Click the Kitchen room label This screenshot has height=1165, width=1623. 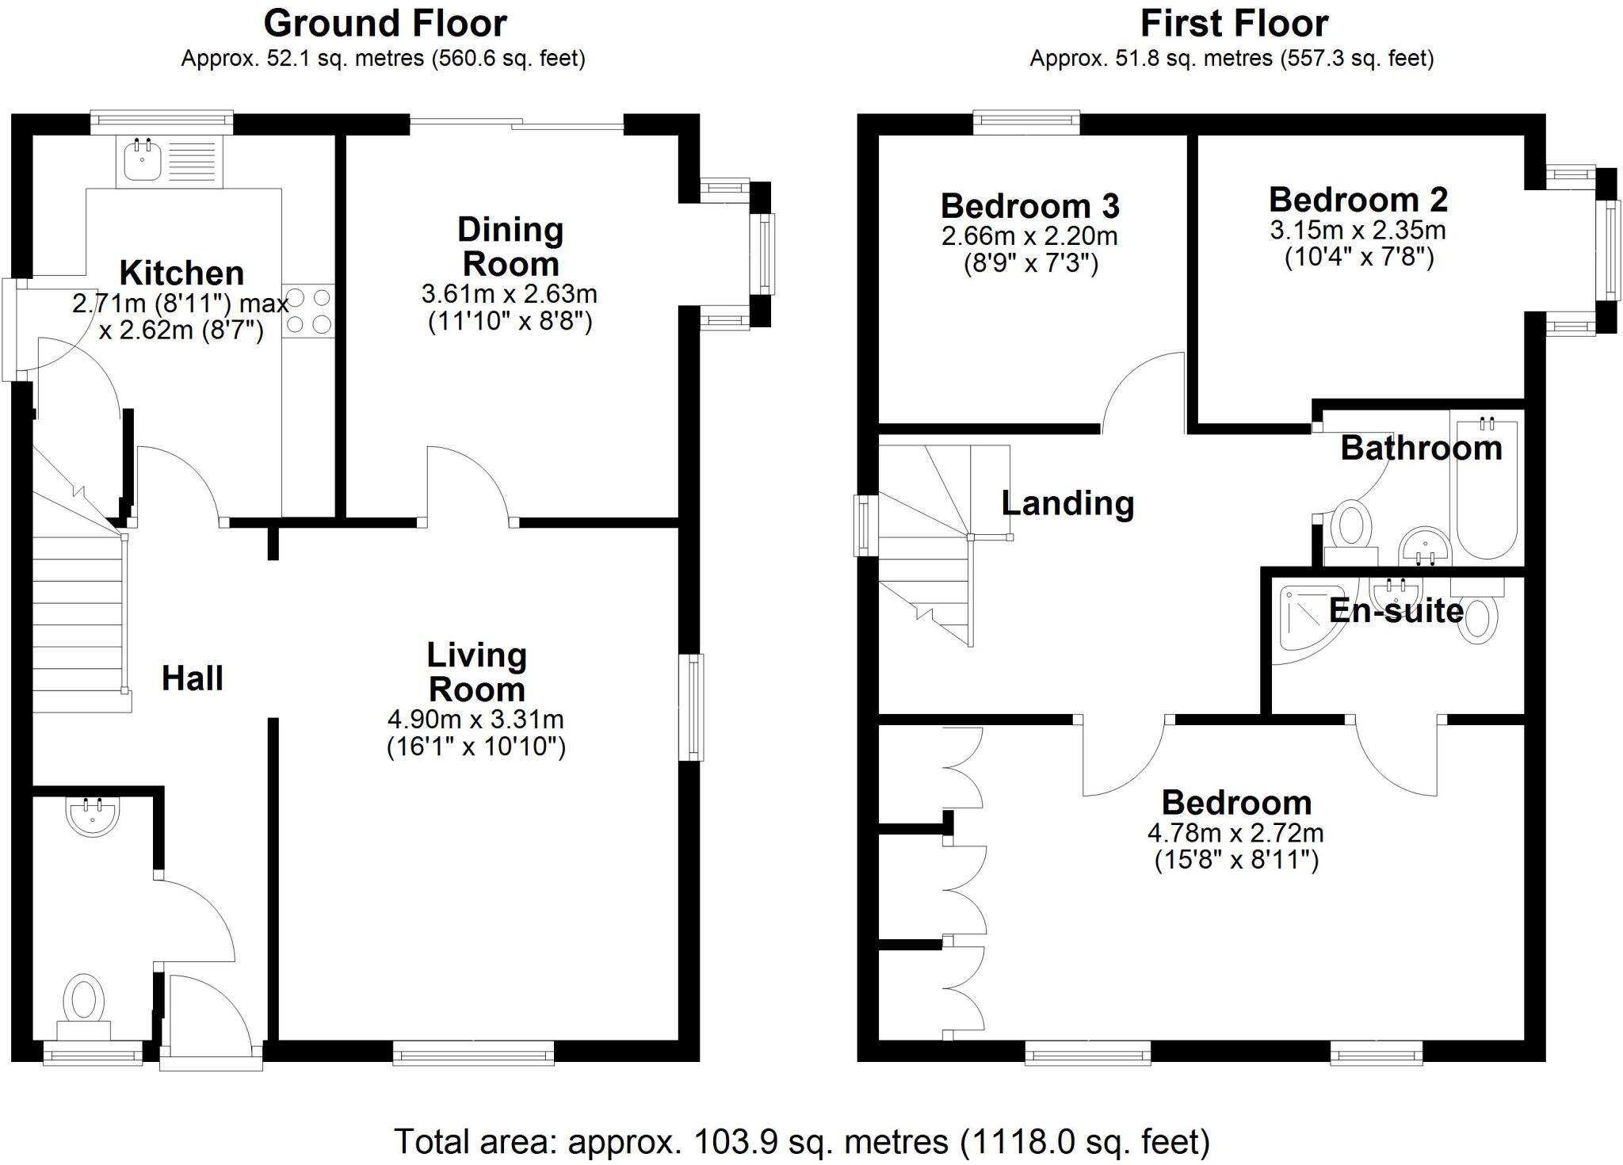(181, 273)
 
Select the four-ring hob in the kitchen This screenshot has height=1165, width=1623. (308, 311)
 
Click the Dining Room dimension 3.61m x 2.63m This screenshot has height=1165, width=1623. (509, 294)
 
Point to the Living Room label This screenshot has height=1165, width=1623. (476, 672)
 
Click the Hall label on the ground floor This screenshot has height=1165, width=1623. (193, 678)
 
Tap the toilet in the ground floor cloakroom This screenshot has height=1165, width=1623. (84, 1003)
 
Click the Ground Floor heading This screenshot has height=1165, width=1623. (385, 24)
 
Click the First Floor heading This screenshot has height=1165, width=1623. (1234, 24)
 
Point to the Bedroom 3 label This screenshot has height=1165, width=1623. (1029, 206)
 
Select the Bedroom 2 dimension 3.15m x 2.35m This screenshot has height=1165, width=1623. (1358, 231)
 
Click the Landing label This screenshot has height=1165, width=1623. (1067, 503)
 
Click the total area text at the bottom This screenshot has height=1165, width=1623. (801, 1142)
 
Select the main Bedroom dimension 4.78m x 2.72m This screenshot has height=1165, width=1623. (1235, 833)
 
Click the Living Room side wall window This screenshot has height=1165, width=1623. (693, 707)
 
